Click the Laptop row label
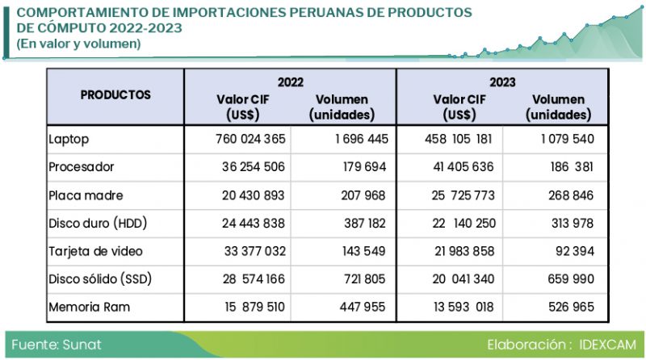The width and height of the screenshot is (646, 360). (68, 139)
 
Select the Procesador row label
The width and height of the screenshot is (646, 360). (81, 167)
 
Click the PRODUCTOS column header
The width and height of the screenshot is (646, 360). (115, 94)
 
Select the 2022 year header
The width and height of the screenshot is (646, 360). (290, 82)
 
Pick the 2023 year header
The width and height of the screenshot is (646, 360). (502, 82)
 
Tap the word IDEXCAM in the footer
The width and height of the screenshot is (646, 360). (608, 345)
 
